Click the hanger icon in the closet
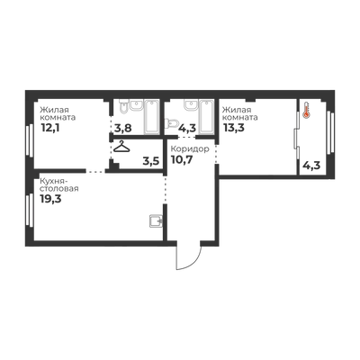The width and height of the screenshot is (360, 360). (x=121, y=147)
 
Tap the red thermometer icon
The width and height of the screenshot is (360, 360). (x=306, y=110)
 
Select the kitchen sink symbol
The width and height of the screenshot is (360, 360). (x=156, y=221)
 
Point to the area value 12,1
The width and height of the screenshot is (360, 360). (x=50, y=129)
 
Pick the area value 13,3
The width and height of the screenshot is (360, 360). (x=234, y=128)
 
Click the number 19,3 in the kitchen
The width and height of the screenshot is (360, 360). (x=50, y=199)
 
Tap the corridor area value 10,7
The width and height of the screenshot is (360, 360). (x=182, y=159)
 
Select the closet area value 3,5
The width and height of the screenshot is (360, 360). (x=151, y=161)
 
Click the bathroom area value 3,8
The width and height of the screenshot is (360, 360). (x=123, y=129)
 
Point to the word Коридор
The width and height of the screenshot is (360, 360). (x=190, y=149)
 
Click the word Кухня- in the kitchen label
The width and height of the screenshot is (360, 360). (x=54, y=182)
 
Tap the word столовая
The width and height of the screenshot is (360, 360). (x=59, y=189)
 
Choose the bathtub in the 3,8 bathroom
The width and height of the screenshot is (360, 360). (x=151, y=117)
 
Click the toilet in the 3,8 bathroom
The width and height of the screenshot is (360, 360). (x=123, y=107)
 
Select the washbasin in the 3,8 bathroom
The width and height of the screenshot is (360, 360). (x=136, y=105)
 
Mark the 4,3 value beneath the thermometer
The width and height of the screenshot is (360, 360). (x=312, y=166)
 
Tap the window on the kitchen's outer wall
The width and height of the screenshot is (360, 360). (x=29, y=211)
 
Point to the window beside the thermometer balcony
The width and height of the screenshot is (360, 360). (x=331, y=132)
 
